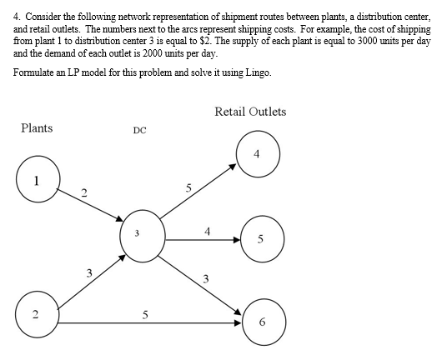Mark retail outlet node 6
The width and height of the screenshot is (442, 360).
[x=264, y=321]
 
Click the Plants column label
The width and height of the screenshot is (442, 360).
[x=37, y=128]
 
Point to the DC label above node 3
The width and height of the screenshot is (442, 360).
[x=139, y=131]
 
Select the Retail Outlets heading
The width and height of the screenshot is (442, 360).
[x=249, y=112]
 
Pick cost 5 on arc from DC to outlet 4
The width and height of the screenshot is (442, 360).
[x=189, y=188]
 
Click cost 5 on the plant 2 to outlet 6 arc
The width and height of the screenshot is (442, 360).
[x=147, y=315]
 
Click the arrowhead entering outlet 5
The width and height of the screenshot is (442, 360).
[x=238, y=240]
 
